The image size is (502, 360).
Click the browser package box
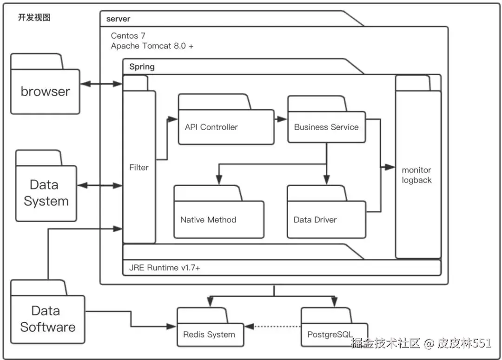45,91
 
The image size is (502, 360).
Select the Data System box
46,193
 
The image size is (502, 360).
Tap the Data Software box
47,319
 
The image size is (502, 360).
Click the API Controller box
226,127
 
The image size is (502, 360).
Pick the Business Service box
326,127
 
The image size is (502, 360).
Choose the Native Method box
218,219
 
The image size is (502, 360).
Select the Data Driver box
326,219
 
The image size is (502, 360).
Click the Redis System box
210,334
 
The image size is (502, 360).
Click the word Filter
139,167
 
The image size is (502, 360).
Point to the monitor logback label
416,175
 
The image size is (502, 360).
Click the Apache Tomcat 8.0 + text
152,46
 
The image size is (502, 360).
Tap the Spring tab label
142,66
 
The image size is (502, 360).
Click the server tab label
118,19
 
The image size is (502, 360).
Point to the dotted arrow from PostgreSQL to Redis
274,326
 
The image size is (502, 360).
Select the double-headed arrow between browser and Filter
101,84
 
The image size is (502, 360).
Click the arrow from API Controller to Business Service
280,119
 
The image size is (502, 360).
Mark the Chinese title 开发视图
34,18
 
